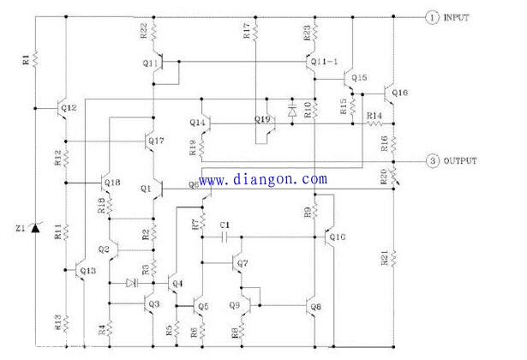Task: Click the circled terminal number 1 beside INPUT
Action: click(x=432, y=17)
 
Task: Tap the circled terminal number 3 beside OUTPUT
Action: click(x=432, y=160)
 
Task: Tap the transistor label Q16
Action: click(x=400, y=92)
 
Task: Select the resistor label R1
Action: click(x=26, y=59)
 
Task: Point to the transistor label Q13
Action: click(x=87, y=270)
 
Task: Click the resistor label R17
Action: click(x=247, y=32)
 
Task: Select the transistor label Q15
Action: click(x=358, y=78)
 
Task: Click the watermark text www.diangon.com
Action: click(x=265, y=180)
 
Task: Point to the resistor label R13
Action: click(x=57, y=321)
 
